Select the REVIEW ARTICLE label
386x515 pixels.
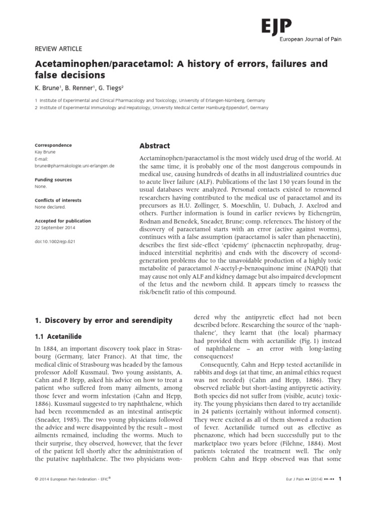[x=58, y=49]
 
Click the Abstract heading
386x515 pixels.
[x=154, y=146]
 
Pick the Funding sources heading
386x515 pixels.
[x=53, y=180]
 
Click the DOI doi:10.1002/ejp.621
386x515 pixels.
[x=55, y=241]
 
